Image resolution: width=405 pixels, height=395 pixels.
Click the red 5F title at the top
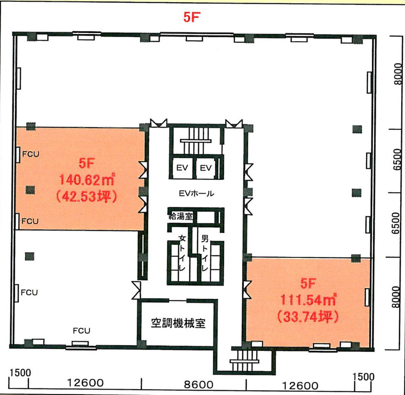point(192,17)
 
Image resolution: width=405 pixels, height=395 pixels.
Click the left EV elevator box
point(182,168)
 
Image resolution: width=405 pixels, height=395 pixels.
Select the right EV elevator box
point(206,168)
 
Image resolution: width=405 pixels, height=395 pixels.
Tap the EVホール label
point(196,193)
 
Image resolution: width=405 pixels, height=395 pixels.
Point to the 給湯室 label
point(181,216)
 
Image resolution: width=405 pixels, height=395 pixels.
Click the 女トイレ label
point(182,253)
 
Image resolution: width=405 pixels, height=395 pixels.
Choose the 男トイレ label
point(205,253)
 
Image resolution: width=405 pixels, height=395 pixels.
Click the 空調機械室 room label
point(178,323)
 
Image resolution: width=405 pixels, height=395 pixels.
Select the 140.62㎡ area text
point(87,180)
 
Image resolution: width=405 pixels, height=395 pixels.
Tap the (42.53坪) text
point(87,196)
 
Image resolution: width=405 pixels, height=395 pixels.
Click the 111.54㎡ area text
point(308,299)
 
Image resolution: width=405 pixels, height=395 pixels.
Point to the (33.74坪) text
point(308,317)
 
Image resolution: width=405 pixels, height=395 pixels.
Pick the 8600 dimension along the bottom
point(199,385)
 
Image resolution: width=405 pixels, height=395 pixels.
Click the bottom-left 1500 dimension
point(20,373)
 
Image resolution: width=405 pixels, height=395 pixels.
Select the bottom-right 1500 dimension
point(363,376)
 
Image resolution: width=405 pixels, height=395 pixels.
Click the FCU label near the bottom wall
point(81,331)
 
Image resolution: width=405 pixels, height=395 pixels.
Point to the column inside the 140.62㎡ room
point(30,190)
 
